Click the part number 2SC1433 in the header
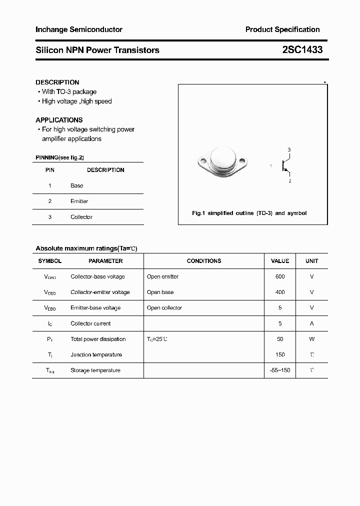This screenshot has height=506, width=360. coord(299,50)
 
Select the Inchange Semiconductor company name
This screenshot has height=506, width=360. coord(79,30)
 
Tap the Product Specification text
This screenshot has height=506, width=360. coord(282,30)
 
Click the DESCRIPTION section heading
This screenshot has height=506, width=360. coord(57,82)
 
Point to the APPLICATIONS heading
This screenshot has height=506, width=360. coord(59,120)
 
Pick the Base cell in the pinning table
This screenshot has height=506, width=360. coord(77,185)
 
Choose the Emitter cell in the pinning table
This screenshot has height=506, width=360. coord(79,201)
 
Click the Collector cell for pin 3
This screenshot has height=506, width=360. coord(81,217)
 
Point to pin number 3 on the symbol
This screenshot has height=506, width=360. coord(289,150)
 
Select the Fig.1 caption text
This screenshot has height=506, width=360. coord(249,213)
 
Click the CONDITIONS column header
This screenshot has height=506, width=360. coord(204,261)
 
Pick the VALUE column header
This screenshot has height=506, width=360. coord(280,261)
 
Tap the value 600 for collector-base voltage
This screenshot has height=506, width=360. coord(280,276)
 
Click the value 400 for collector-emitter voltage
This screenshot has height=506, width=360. coord(280,292)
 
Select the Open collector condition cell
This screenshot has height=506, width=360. coord(164,308)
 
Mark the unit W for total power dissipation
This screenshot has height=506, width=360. coord(312,339)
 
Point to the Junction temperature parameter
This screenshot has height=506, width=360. coord(96,354)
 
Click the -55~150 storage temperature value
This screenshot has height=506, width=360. coord(280,370)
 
